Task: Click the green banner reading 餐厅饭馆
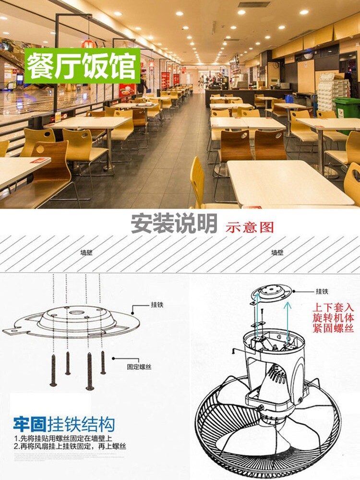click(82, 65)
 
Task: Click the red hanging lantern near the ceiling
click(87, 43)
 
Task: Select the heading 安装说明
click(174, 224)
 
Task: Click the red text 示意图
click(250, 227)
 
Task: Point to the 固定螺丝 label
click(139, 366)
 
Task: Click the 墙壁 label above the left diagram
click(87, 252)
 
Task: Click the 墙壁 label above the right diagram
click(278, 252)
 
